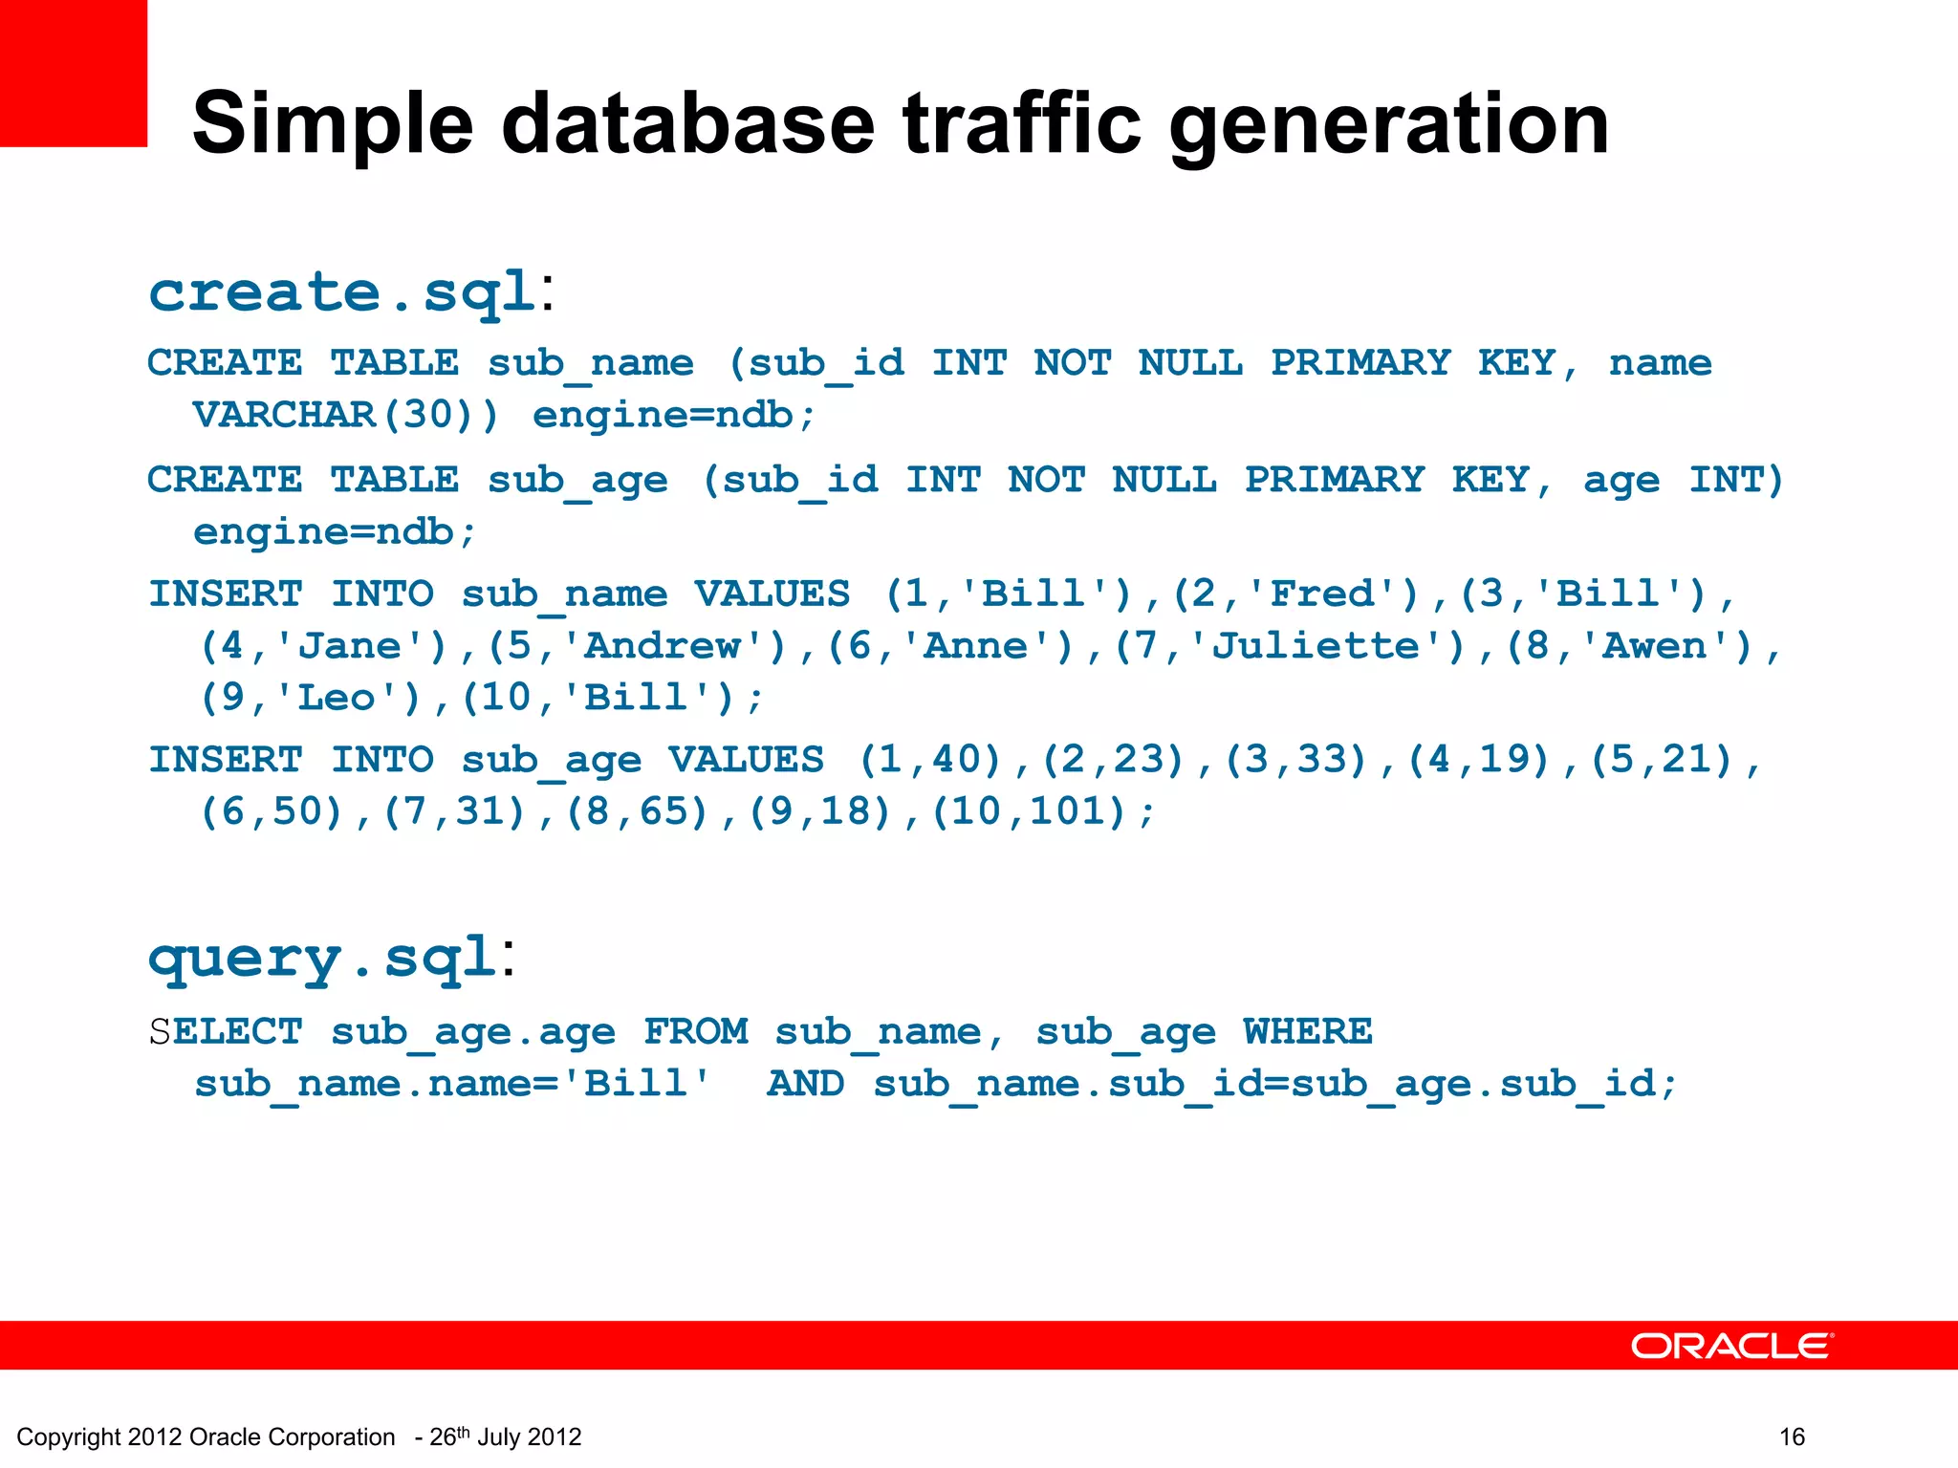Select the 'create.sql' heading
(341, 291)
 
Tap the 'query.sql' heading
(322, 958)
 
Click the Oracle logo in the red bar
(1731, 1346)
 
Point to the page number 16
(1792, 1436)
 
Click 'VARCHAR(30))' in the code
(345, 415)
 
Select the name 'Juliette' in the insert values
(1316, 646)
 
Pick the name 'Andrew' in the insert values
(662, 646)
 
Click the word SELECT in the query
(226, 1032)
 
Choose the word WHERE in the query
(1307, 1032)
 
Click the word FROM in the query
(695, 1032)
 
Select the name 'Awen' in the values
(1655, 646)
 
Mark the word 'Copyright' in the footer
(68, 1437)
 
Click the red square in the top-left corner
(73, 73)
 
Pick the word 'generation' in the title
(1388, 124)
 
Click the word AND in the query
(805, 1084)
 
